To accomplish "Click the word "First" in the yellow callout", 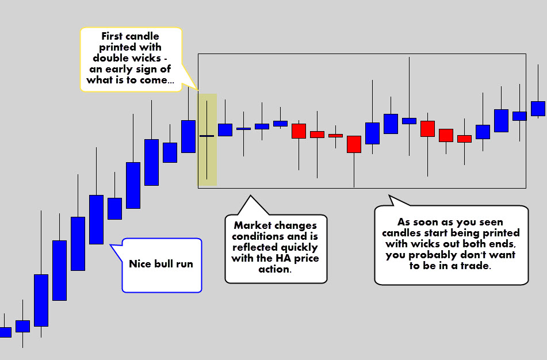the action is click(x=112, y=36).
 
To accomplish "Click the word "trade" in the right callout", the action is click(x=475, y=266).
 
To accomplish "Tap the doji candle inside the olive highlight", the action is click(x=207, y=136).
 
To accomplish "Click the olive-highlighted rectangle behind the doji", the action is click(x=208, y=140).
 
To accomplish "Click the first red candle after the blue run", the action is click(x=299, y=131).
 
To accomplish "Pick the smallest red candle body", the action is click(x=335, y=136).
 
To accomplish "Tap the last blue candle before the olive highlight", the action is click(x=189, y=136).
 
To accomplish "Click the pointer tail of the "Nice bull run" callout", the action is click(x=117, y=252).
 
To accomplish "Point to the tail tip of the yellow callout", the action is click(x=198, y=90).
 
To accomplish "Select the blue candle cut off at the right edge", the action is click(x=538, y=109).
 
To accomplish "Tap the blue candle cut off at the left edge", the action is click(x=5, y=332).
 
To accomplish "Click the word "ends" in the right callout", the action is click(x=503, y=244).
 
